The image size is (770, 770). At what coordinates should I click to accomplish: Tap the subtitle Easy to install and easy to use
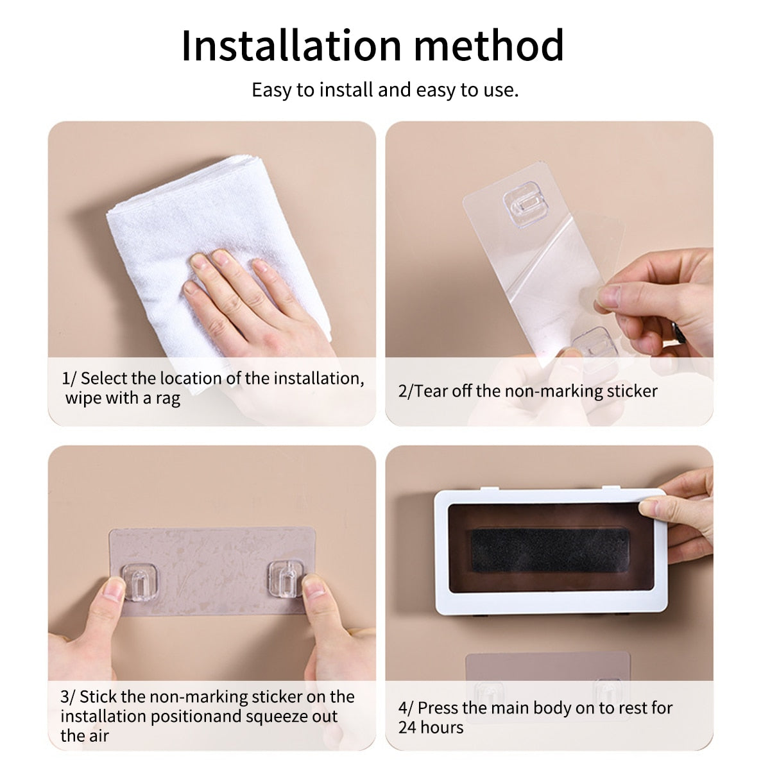[x=385, y=90]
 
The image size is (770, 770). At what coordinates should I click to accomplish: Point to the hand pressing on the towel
[x=257, y=302]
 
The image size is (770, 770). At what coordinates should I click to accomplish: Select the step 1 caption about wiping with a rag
[x=212, y=388]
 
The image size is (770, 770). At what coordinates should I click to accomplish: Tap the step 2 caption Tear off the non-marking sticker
[x=527, y=391]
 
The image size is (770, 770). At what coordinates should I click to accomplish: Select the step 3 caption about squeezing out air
[x=207, y=715]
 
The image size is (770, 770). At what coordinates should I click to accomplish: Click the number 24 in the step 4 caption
[x=408, y=727]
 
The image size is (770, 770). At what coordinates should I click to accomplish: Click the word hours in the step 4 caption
[x=443, y=727]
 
